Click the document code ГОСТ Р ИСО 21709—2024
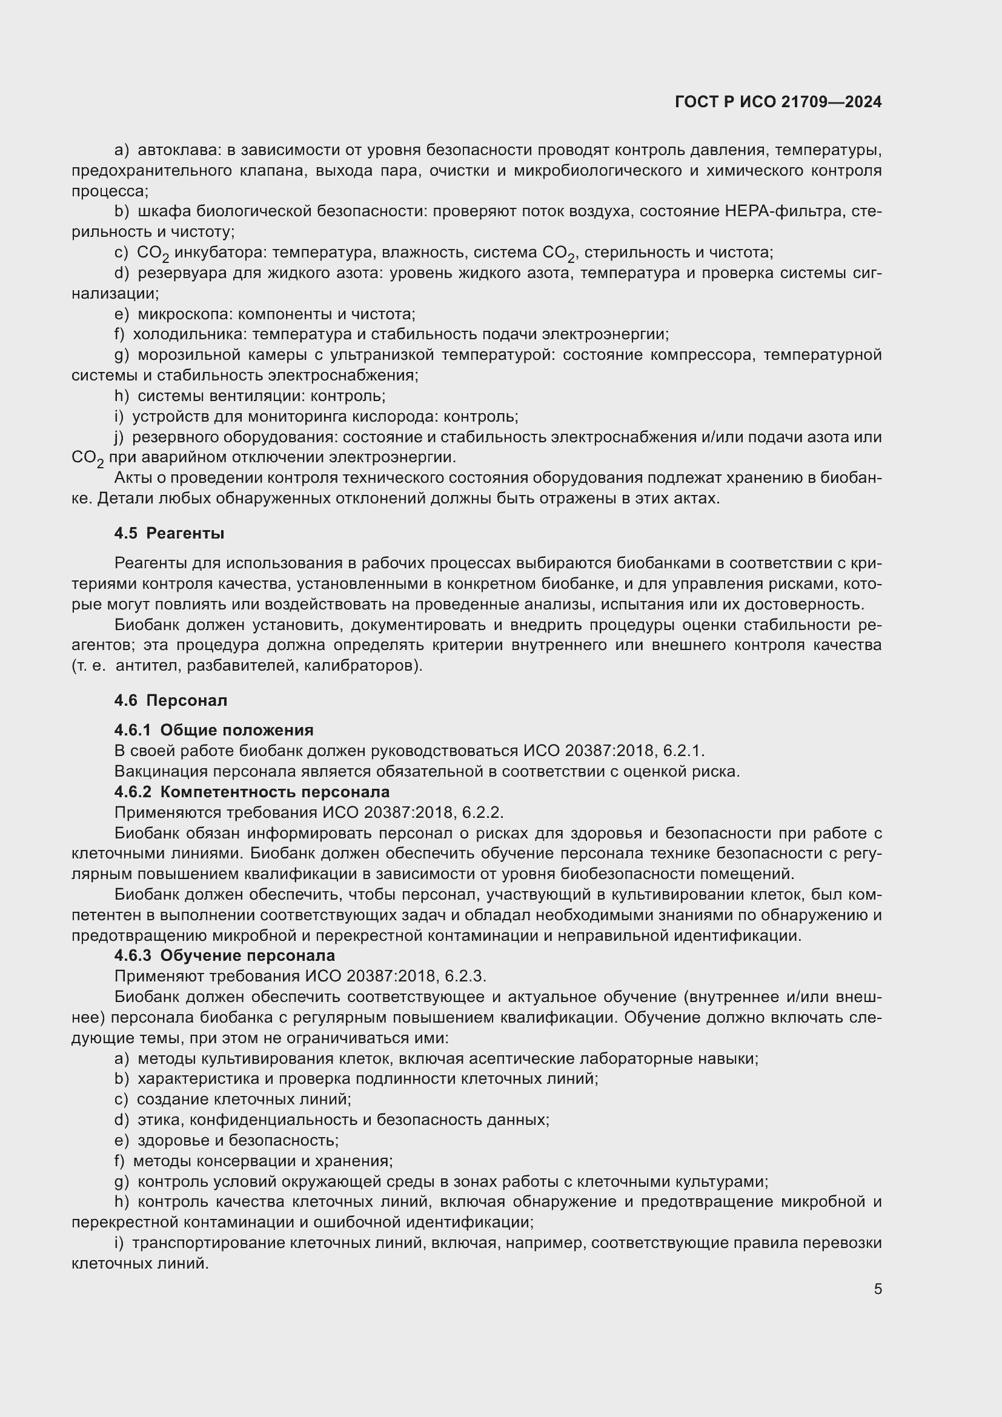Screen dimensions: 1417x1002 pyautogui.click(x=778, y=102)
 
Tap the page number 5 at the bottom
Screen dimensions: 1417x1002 pyautogui.click(x=877, y=1289)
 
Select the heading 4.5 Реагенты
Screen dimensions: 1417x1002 pyautogui.click(x=169, y=534)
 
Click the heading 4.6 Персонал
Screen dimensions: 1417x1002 pyautogui.click(x=170, y=700)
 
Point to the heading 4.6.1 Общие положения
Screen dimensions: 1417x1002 pyautogui.click(x=213, y=730)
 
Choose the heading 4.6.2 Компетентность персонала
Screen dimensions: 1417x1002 pyautogui.click(x=252, y=792)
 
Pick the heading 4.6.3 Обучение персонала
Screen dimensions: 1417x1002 pyautogui.click(x=225, y=956)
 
